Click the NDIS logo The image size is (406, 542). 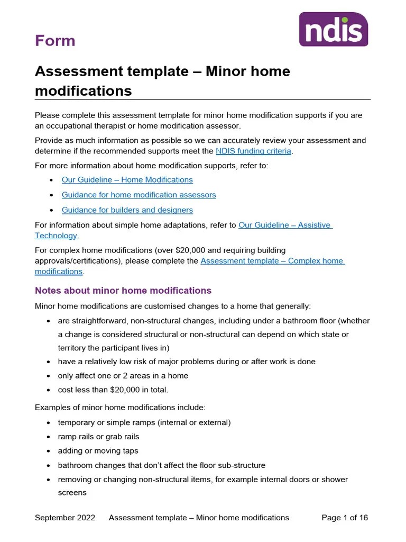click(x=333, y=29)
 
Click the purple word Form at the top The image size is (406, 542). click(x=55, y=41)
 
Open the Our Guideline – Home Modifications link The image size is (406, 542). click(x=127, y=180)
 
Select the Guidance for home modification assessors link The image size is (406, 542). click(x=139, y=195)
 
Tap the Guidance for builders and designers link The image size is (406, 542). click(x=127, y=210)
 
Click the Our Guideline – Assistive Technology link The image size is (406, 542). click(x=284, y=225)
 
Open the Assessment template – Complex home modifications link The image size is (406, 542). click(x=272, y=261)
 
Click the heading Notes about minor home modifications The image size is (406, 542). click(x=123, y=291)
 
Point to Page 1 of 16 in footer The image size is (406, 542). click(x=345, y=518)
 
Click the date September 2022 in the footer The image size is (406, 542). click(x=65, y=518)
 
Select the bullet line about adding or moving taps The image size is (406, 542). click(x=98, y=451)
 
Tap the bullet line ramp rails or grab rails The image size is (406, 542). click(x=98, y=437)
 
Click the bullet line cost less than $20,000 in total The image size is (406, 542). click(x=113, y=390)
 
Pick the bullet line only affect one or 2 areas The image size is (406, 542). click(x=123, y=376)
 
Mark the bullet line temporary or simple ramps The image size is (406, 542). click(x=144, y=422)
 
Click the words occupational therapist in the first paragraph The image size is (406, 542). click(x=80, y=126)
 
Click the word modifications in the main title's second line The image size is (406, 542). click(x=83, y=91)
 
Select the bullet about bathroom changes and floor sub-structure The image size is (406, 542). click(x=161, y=465)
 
